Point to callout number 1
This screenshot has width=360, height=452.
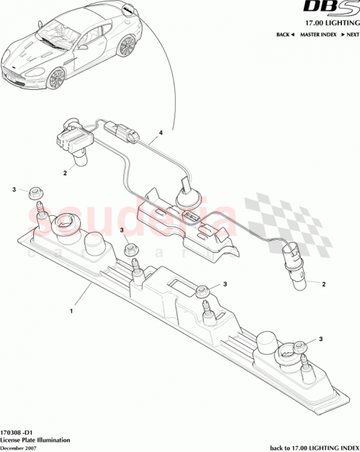pyautogui.click(x=71, y=312)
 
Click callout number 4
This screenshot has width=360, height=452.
pyautogui.click(x=161, y=133)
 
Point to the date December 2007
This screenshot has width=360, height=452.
pyautogui.click(x=20, y=448)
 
